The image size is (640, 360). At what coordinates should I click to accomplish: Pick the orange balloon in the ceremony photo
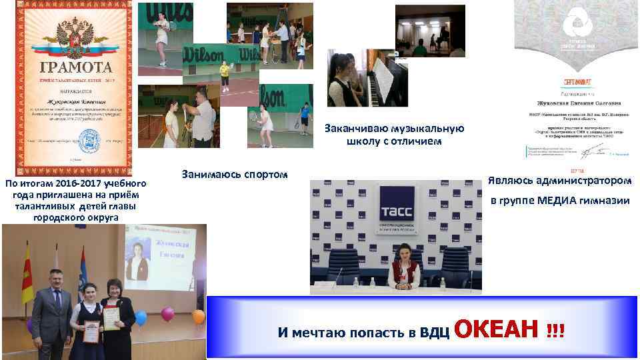[198, 315]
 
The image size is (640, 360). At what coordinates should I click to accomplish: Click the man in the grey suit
[52, 307]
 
